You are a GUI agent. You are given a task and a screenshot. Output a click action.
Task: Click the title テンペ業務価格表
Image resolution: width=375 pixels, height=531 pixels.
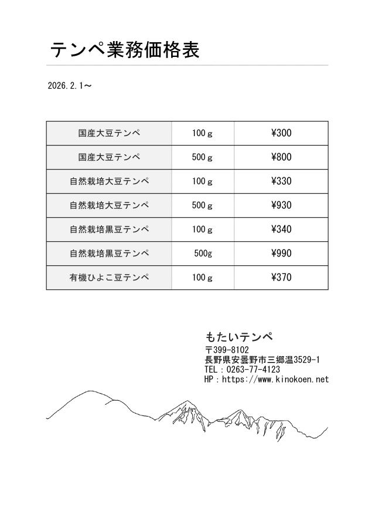pos(125,50)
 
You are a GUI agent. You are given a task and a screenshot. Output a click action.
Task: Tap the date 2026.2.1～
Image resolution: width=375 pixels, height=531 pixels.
pos(69,86)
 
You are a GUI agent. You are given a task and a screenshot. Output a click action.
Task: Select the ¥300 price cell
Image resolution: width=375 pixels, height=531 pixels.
pos(281,133)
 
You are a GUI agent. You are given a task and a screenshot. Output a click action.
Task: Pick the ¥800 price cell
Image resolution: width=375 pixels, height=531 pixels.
pos(281,157)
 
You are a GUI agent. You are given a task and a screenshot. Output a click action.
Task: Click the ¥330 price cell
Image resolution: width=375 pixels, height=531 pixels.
pos(281,181)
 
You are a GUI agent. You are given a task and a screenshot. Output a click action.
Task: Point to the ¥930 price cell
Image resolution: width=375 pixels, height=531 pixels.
pos(281,205)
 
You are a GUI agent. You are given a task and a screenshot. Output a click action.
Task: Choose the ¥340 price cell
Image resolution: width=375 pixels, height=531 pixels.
pos(281,229)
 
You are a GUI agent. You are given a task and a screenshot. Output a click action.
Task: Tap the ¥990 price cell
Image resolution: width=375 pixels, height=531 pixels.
pos(281,253)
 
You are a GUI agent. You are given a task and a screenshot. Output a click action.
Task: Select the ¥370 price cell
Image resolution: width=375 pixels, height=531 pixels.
pos(281,278)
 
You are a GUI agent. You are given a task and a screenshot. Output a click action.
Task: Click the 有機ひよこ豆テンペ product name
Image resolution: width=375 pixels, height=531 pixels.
pos(109,278)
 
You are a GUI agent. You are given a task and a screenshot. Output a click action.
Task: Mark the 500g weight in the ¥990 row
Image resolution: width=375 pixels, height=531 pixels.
pos(203,253)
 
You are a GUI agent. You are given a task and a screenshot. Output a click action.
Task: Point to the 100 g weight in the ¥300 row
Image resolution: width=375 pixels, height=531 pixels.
pos(203,133)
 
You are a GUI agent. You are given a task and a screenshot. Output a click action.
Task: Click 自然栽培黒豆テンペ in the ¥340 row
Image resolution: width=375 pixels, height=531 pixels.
pos(109,229)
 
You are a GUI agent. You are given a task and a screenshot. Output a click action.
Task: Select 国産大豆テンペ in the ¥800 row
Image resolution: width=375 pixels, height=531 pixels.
pos(109,157)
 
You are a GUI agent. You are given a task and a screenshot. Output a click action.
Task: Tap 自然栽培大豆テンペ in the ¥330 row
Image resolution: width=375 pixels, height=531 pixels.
pos(109,181)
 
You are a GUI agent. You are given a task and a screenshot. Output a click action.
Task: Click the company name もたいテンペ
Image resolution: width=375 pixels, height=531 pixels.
pos(239,337)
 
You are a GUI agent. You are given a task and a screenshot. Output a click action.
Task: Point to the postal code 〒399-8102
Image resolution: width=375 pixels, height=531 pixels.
pos(227,350)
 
